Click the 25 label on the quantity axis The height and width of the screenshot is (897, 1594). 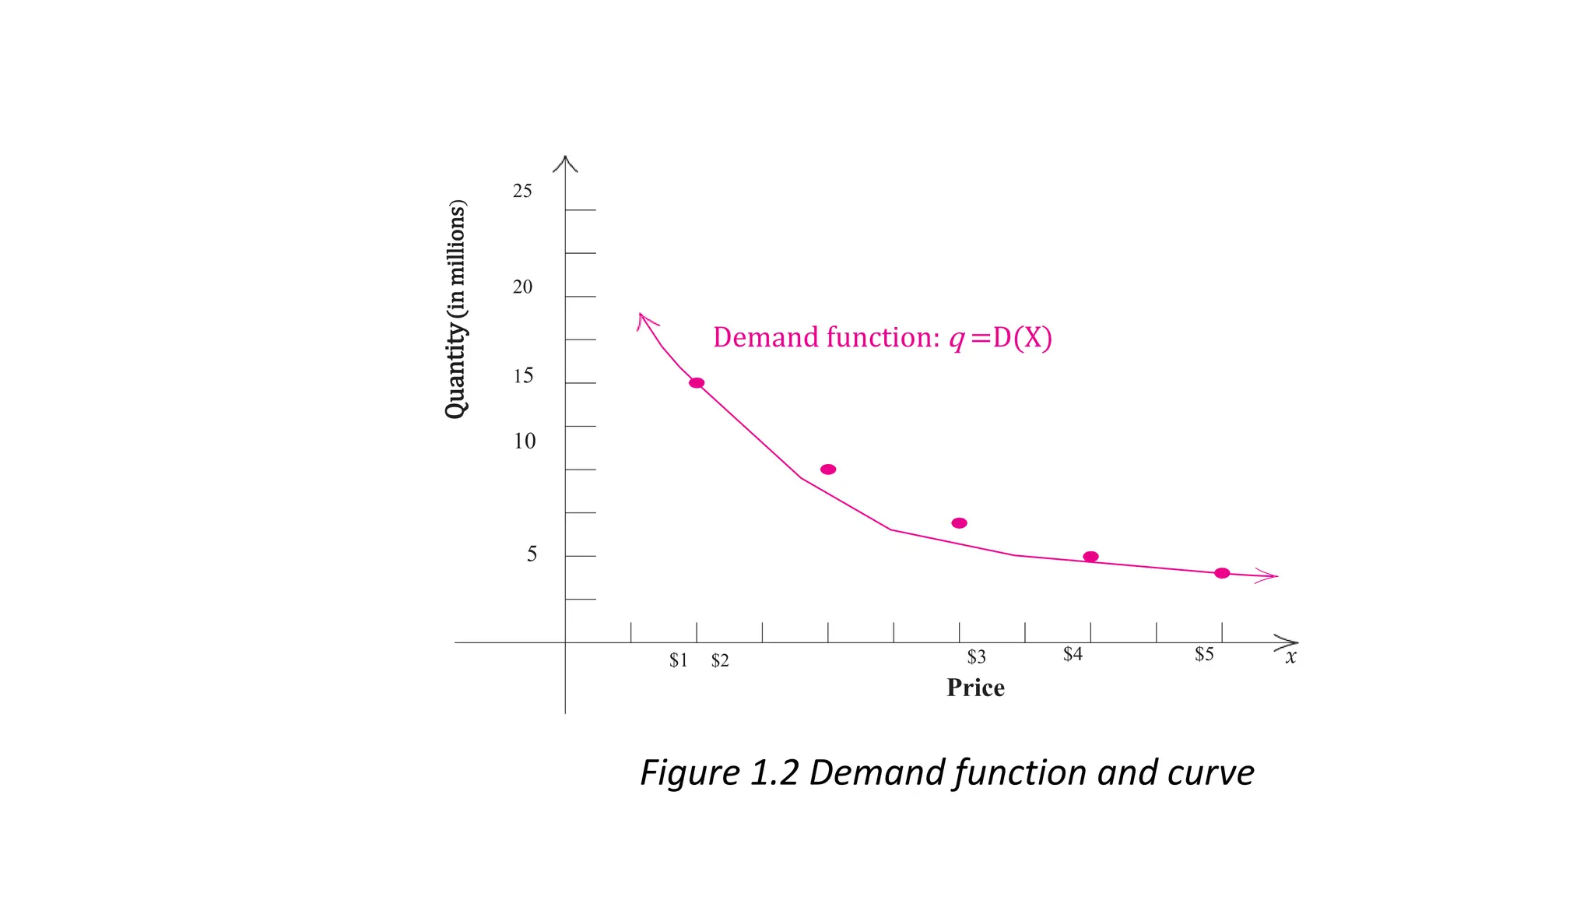coord(522,191)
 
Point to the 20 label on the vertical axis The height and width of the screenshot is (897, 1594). coord(522,287)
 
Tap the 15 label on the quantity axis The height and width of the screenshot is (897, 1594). coord(523,376)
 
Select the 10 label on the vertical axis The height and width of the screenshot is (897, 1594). coord(525,441)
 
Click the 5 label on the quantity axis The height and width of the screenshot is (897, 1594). coord(532,554)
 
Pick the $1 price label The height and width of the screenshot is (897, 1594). coord(679,660)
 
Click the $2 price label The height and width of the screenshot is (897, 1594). coord(720,660)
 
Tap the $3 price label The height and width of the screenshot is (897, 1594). coord(976,657)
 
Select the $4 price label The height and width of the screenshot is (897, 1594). coord(1073,654)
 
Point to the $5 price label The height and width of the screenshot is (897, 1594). coord(1204,654)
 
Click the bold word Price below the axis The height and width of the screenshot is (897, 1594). coord(975,688)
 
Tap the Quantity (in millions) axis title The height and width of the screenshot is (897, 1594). coord(456,309)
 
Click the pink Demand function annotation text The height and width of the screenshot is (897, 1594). coord(883,337)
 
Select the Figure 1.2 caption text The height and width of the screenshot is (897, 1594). coord(947,772)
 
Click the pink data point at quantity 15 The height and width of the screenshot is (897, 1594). coord(697,383)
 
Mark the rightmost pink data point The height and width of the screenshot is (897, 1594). coord(1222,573)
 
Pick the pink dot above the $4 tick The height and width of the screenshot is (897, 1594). coord(1090,557)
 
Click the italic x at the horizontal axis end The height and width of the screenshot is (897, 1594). coord(1291,657)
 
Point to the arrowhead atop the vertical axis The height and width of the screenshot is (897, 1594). coord(565,162)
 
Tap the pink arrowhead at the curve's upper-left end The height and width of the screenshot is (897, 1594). coord(645,321)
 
